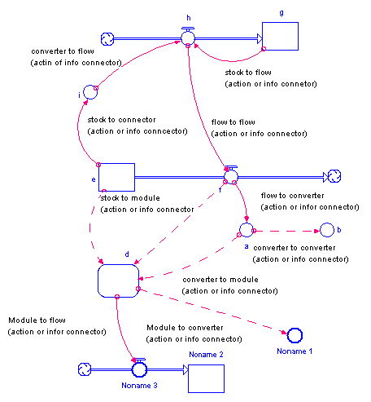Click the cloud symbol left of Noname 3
[x=85, y=369]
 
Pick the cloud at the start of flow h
[x=107, y=39]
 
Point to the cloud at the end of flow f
[x=334, y=176]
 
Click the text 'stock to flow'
[x=248, y=73]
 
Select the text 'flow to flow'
[x=234, y=122]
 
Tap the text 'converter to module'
[x=220, y=280]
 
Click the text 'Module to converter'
[x=185, y=328]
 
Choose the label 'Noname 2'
[x=206, y=355]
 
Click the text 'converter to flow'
[x=63, y=51]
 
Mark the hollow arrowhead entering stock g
[x=260, y=38]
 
